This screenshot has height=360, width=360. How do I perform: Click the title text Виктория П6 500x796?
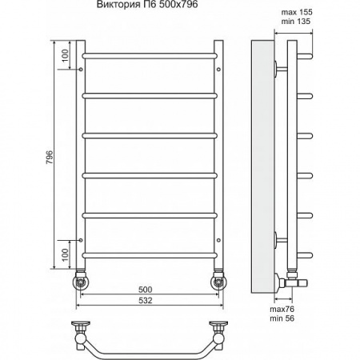coord(147,5)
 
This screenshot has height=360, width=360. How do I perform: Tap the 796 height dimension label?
coord(50,157)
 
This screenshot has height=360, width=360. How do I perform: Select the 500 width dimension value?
coord(146,290)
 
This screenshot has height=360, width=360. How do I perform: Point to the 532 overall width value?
coord(146,301)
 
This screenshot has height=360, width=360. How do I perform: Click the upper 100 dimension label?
coord(66,56)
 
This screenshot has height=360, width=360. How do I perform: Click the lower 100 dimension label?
coord(66,254)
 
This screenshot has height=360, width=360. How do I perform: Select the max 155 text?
coord(297,12)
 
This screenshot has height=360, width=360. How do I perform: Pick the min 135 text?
coord(296,21)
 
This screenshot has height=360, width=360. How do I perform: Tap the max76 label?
coord(282,309)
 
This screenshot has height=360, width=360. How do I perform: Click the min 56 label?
coord(282,318)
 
